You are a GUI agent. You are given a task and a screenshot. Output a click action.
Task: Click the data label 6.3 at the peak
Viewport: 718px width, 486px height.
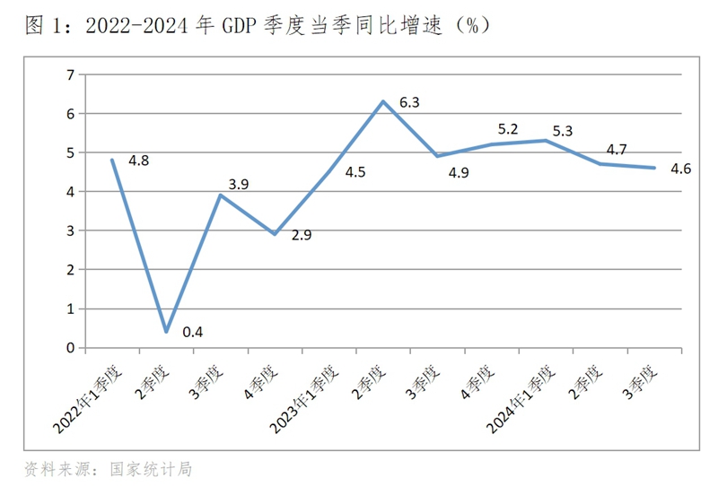click(409, 103)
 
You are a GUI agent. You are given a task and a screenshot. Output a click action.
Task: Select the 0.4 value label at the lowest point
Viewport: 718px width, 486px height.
click(192, 332)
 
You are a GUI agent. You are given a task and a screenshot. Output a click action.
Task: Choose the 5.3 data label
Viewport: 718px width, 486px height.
click(563, 132)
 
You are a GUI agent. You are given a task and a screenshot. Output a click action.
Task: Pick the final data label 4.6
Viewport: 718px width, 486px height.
click(681, 167)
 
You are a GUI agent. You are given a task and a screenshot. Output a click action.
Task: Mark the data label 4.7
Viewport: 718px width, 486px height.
click(617, 150)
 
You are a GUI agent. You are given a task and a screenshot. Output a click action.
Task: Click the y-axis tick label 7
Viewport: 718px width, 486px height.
click(70, 74)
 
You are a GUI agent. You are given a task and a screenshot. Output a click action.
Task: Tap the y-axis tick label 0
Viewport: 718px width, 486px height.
click(70, 348)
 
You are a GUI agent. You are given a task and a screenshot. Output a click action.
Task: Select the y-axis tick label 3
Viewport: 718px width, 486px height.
click(70, 230)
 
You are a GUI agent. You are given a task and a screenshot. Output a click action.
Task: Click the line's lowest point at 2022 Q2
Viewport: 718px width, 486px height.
click(166, 332)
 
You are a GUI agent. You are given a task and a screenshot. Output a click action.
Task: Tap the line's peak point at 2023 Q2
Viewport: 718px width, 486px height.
click(383, 101)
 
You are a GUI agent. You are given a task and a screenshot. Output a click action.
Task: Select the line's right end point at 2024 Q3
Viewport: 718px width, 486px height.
click(654, 168)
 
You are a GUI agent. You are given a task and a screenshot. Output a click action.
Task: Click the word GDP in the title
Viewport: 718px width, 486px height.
click(239, 27)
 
